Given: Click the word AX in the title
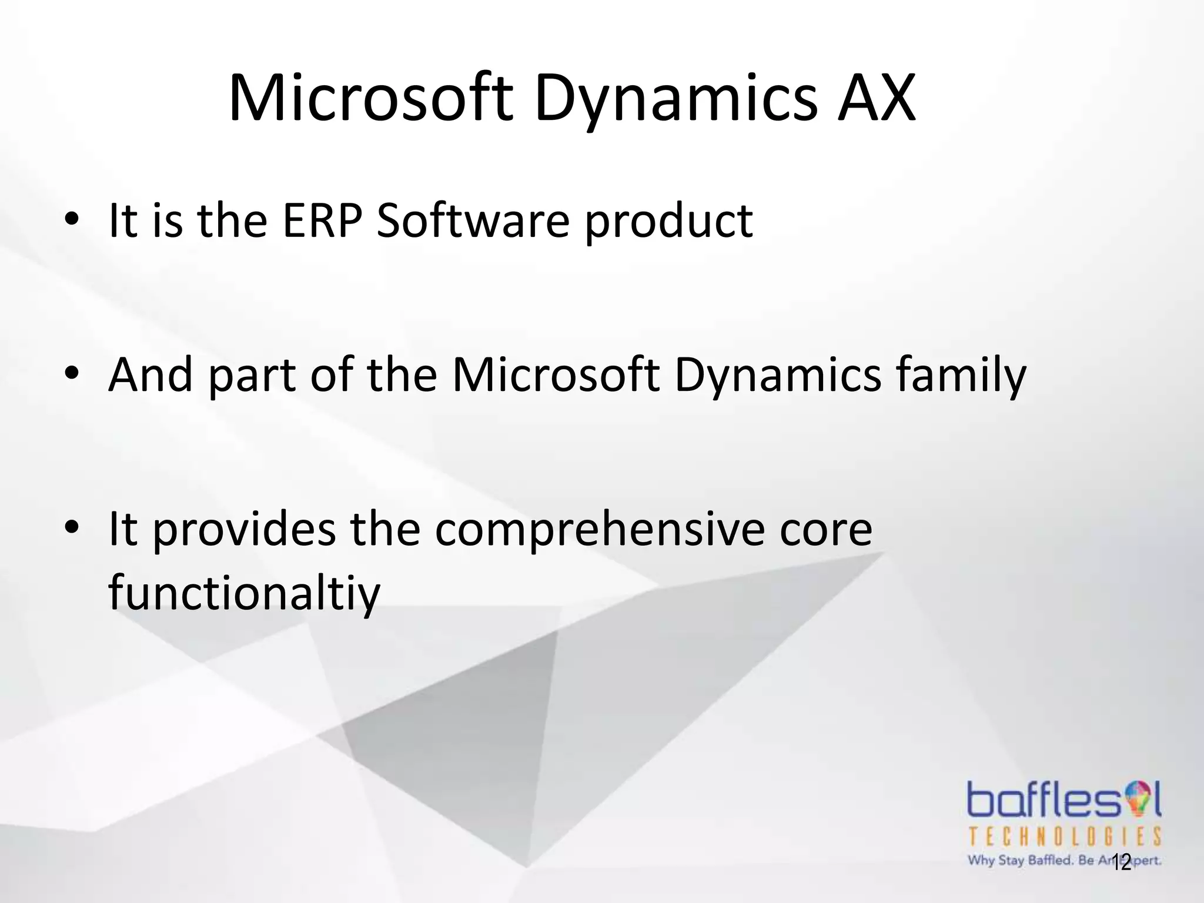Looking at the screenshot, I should tap(877, 99).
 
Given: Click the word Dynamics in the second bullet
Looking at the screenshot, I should tap(777, 376).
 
